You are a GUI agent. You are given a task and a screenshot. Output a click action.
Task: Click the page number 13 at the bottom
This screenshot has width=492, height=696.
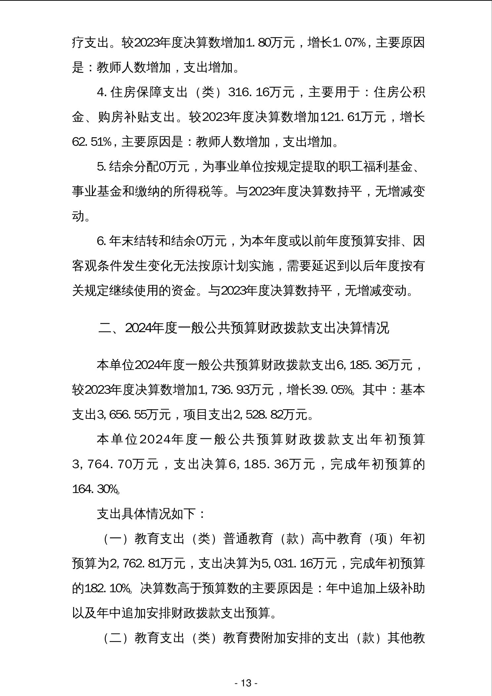point(246,683)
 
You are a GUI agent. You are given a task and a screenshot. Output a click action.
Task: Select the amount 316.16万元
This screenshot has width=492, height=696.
point(261,92)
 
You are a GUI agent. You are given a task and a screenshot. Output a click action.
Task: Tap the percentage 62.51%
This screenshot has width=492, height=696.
point(92,142)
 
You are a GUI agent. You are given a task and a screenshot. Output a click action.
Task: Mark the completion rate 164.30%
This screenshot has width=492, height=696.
point(96,489)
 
